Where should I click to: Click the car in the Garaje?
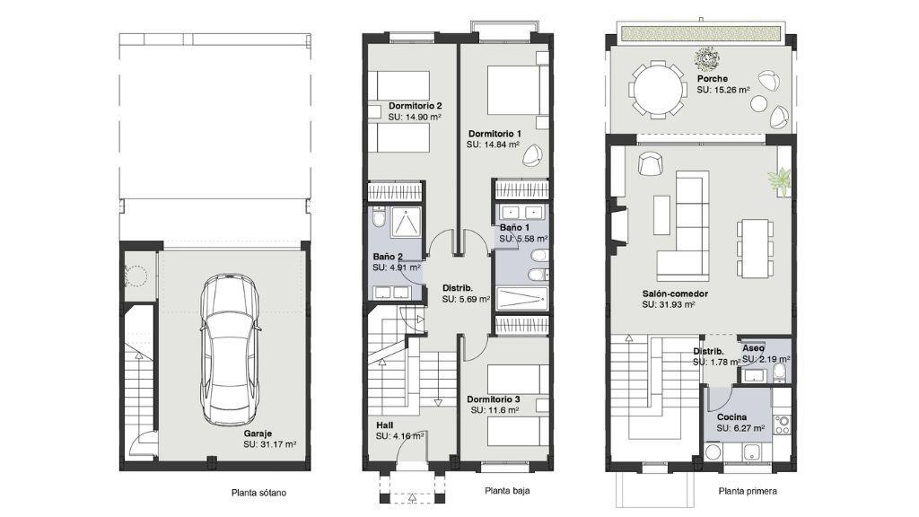coord(229,350)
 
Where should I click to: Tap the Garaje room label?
coord(258,434)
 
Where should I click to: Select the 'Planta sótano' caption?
coord(259,493)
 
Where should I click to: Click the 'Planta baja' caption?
coord(508,491)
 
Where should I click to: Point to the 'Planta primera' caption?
coord(748,491)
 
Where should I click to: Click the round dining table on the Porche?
coord(657,91)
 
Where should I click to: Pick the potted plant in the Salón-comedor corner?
coord(782,180)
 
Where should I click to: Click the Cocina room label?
coord(732,417)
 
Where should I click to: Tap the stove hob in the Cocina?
coord(782,425)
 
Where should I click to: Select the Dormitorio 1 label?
coord(495,134)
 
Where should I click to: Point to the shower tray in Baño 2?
coord(405,223)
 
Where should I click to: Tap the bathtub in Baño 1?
coord(521,298)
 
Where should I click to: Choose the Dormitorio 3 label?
coord(494,399)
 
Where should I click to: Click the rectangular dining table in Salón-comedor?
coord(754,249)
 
